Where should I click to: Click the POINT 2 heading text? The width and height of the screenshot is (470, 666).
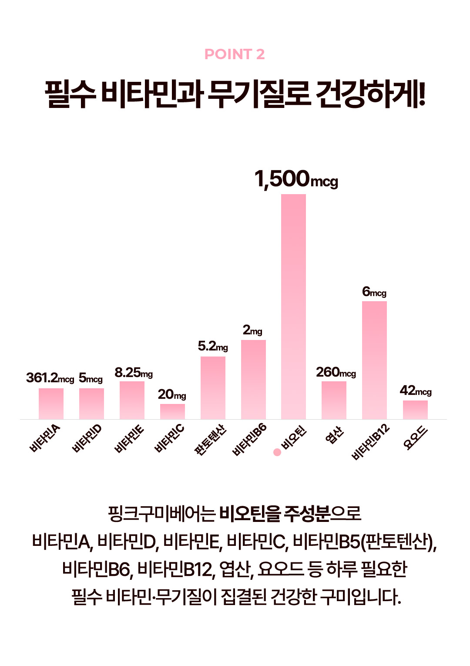[235, 54]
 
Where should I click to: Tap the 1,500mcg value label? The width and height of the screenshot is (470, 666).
[296, 179]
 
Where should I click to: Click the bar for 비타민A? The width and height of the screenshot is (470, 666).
[51, 404]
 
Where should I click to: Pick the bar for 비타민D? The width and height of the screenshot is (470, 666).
[91, 404]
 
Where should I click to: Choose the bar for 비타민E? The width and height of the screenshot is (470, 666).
[132, 400]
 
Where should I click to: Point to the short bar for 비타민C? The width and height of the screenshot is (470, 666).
[172, 411]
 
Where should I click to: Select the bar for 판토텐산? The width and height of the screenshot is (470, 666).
[213, 387]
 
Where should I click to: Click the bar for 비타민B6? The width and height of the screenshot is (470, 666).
[253, 379]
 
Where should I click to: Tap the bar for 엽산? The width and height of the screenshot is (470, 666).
[334, 400]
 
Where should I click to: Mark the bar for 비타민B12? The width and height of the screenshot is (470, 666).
[374, 360]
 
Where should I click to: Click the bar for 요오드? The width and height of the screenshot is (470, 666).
[415, 410]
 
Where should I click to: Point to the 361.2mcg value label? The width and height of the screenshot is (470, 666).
[50, 378]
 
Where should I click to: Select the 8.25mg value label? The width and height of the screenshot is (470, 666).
[134, 373]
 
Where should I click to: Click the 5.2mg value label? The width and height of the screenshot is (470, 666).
[213, 346]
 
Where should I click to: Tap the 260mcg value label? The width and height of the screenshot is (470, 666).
[336, 372]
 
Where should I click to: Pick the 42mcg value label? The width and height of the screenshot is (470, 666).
[416, 390]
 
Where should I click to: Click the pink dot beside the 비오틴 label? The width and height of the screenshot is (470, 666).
[277, 452]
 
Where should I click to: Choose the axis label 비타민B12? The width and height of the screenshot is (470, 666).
[370, 442]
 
